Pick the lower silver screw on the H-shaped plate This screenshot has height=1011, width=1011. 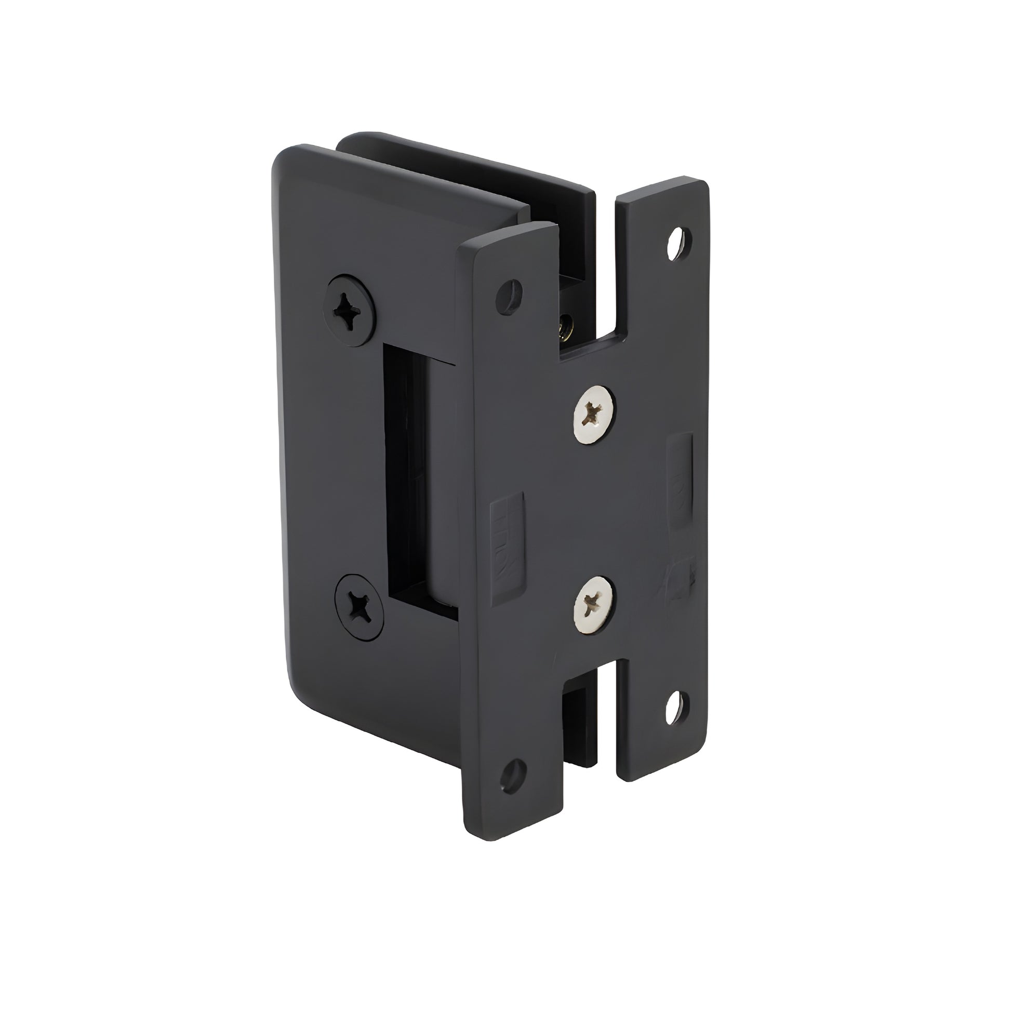[594, 604]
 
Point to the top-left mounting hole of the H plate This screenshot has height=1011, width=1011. [509, 289]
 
